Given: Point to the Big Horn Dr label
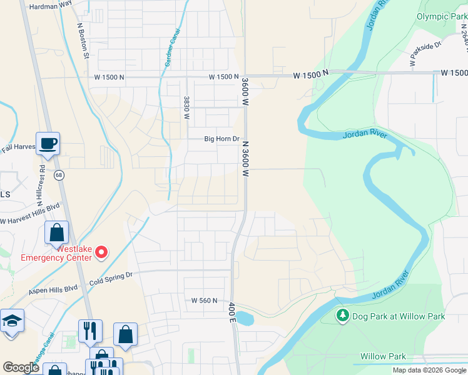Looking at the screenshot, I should pyautogui.click(x=222, y=139).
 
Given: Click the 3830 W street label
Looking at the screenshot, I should pyautogui.click(x=186, y=107).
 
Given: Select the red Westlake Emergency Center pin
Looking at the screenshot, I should pyautogui.click(x=101, y=252).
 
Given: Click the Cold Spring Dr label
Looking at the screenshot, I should pyautogui.click(x=112, y=274).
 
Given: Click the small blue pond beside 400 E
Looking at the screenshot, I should pyautogui.click(x=245, y=319).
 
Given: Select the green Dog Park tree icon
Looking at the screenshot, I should pyautogui.click(x=342, y=316).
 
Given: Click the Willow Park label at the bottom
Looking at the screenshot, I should pyautogui.click(x=383, y=356).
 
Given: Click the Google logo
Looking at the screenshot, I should pyautogui.click(x=21, y=367).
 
